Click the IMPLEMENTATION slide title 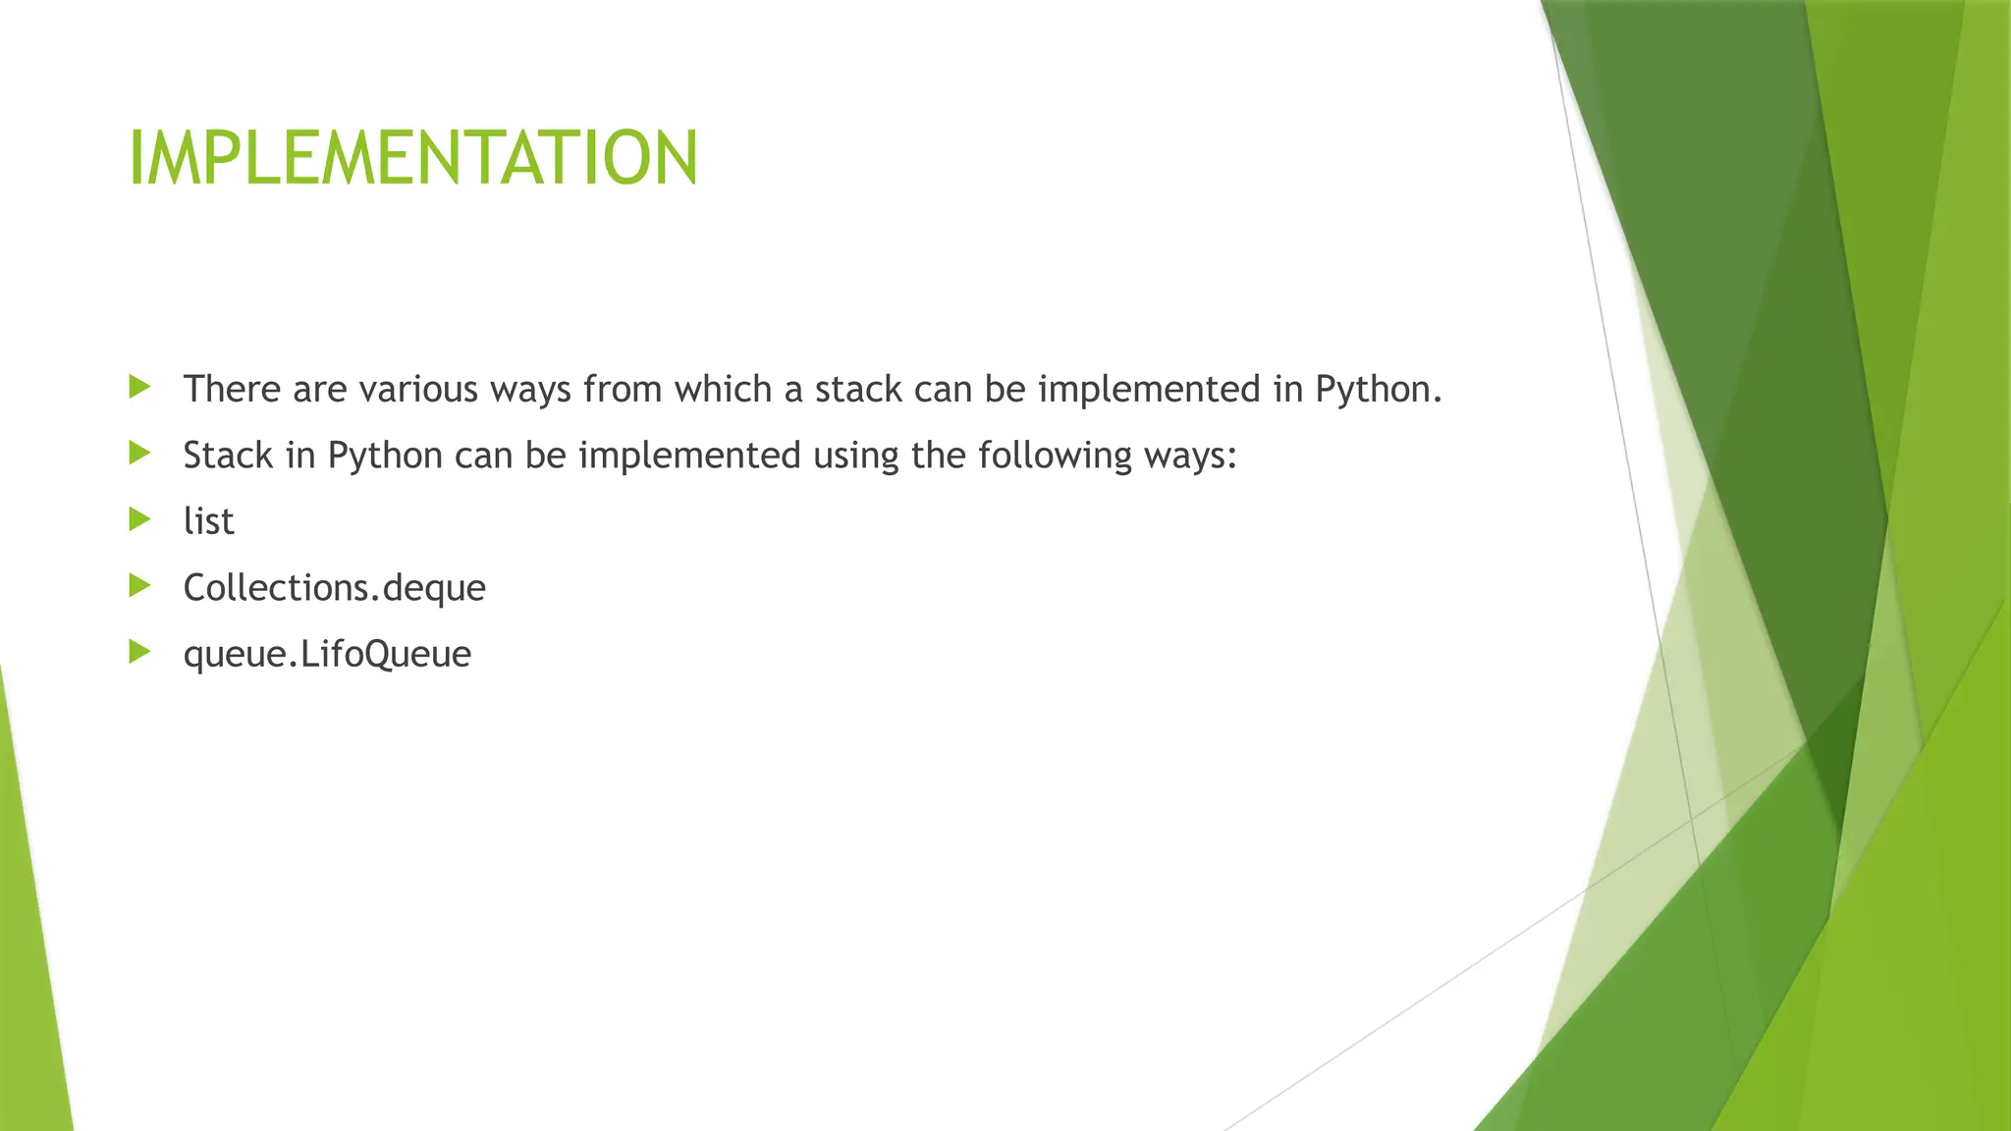[413, 158]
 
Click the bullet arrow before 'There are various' [139, 387]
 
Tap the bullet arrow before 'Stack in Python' [139, 453]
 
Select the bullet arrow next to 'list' [139, 519]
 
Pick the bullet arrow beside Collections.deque [139, 586]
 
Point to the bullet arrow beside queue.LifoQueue [139, 652]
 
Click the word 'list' [208, 521]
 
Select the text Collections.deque [334, 588]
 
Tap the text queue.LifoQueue [327, 654]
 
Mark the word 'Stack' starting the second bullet [228, 456]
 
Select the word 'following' [1055, 456]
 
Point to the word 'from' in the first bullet [622, 390]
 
